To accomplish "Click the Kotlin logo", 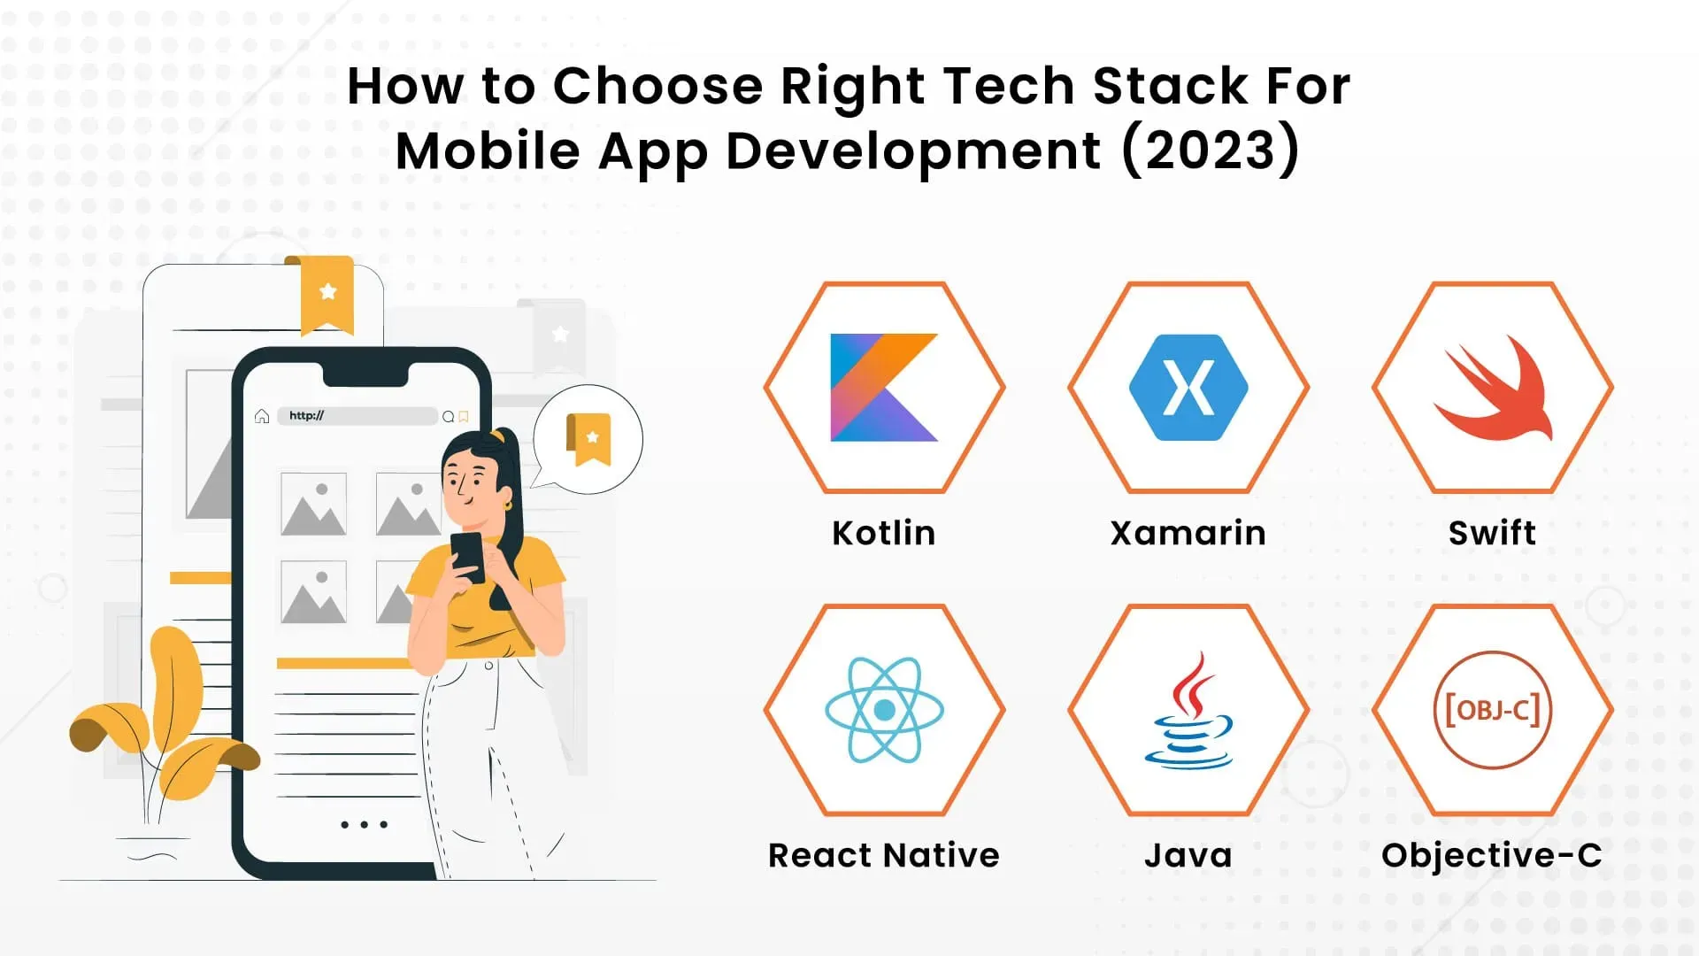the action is point(883,387).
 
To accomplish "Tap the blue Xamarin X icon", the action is point(1188,387).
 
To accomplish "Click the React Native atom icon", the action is point(884,709).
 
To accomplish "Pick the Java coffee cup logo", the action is point(1188,709).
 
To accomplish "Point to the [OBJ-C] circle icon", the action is point(1493,709).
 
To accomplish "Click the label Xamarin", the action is point(1188,533).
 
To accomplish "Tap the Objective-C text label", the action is point(1492,856).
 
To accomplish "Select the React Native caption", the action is point(884,855).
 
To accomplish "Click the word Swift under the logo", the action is point(1493,533).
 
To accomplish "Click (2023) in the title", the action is point(1211,150).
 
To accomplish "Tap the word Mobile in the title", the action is point(488,150).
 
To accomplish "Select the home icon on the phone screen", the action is point(262,416).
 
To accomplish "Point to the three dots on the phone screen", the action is point(364,824).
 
